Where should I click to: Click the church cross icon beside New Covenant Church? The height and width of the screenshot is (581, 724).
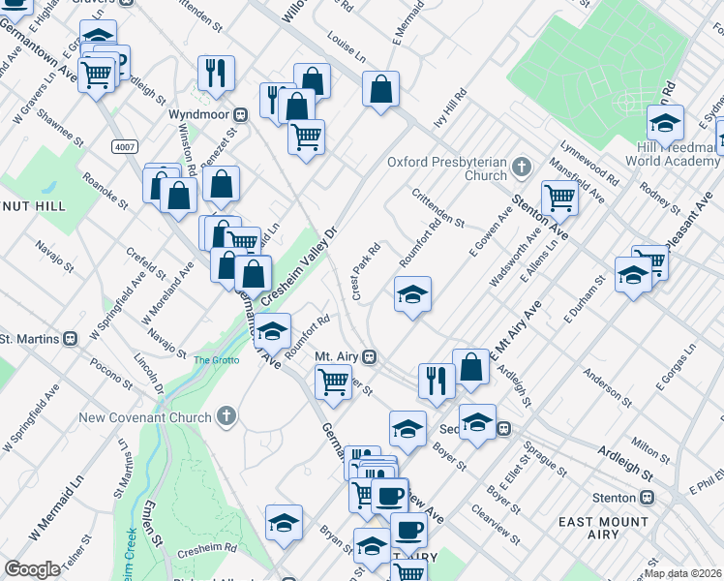coord(226,417)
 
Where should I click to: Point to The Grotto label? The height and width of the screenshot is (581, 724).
coord(215,360)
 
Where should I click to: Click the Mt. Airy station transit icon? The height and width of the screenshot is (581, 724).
coord(369,356)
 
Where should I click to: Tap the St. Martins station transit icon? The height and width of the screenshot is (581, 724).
coord(70,339)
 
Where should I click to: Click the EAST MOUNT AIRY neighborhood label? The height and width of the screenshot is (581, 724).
coord(617,531)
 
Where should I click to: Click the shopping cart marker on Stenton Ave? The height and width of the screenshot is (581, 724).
coord(560,198)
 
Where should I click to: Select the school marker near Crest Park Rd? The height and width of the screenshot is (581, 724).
coord(412,293)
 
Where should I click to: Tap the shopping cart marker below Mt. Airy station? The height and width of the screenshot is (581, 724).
coord(333,382)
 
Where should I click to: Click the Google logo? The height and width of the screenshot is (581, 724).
coord(33,569)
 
